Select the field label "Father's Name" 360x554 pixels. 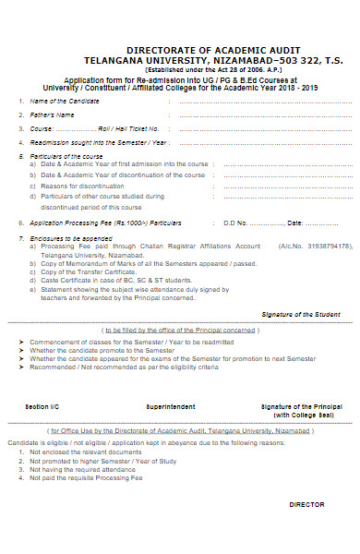[x=52, y=114]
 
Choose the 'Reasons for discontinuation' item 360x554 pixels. [x=81, y=185]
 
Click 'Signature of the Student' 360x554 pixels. [x=300, y=315]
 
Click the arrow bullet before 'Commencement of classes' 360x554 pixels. [x=21, y=341]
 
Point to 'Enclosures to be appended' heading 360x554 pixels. [x=68, y=238]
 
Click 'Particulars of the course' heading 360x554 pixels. [x=66, y=156]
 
